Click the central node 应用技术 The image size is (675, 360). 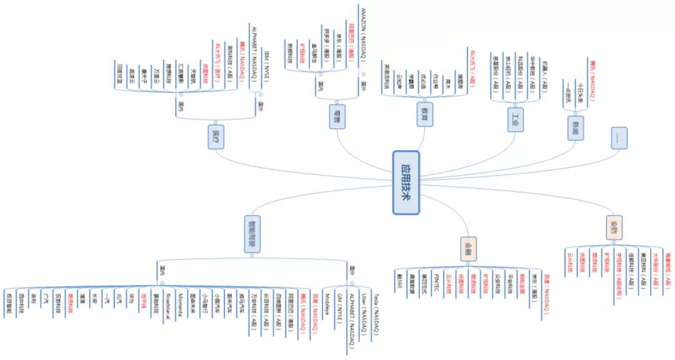click(406, 182)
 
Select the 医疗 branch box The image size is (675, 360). click(216, 137)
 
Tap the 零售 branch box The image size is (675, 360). click(337, 117)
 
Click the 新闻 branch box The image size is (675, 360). click(576, 127)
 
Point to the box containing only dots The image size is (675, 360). click(619, 138)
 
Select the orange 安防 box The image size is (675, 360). click(614, 227)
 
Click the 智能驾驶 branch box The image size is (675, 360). click(252, 234)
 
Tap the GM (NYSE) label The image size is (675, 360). click(339, 307)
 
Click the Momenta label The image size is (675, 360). click(180, 304)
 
